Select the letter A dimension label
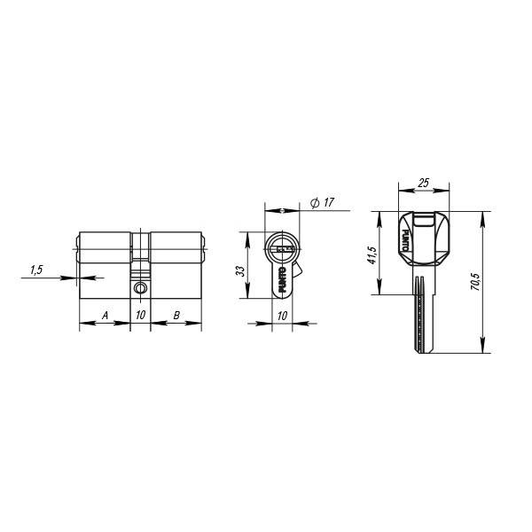click(x=105, y=316)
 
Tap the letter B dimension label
click(x=176, y=316)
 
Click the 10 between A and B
click(x=140, y=316)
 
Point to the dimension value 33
click(x=240, y=269)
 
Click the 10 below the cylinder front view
click(x=282, y=316)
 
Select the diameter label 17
click(x=328, y=203)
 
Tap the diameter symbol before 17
click(x=314, y=204)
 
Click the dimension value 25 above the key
click(x=424, y=183)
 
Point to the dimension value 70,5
click(x=475, y=282)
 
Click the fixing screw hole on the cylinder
click(x=140, y=288)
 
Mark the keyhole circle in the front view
click(x=282, y=247)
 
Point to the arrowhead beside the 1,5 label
click(x=73, y=278)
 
